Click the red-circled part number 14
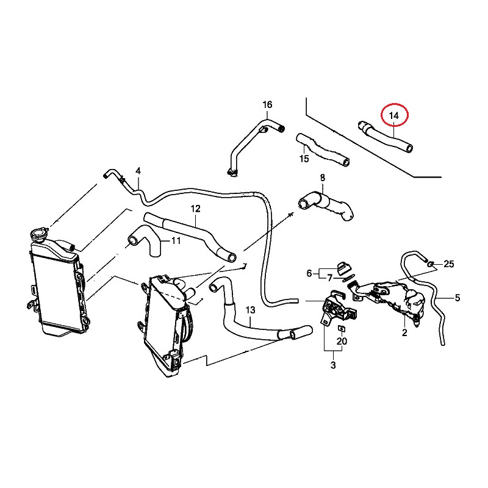(393, 116)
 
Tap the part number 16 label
(267, 104)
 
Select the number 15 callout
(304, 159)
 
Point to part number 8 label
(323, 178)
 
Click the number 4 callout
(138, 171)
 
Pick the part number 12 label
(195, 209)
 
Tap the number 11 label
(176, 240)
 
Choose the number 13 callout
(251, 310)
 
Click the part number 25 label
(449, 264)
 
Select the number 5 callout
(457, 298)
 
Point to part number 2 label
(404, 332)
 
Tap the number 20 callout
(342, 342)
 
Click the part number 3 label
(333, 365)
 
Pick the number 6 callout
(309, 273)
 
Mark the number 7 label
(330, 278)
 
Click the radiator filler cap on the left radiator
(39, 234)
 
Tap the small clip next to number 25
(431, 264)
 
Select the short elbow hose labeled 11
(145, 241)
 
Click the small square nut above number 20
(342, 328)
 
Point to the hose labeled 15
(323, 150)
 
